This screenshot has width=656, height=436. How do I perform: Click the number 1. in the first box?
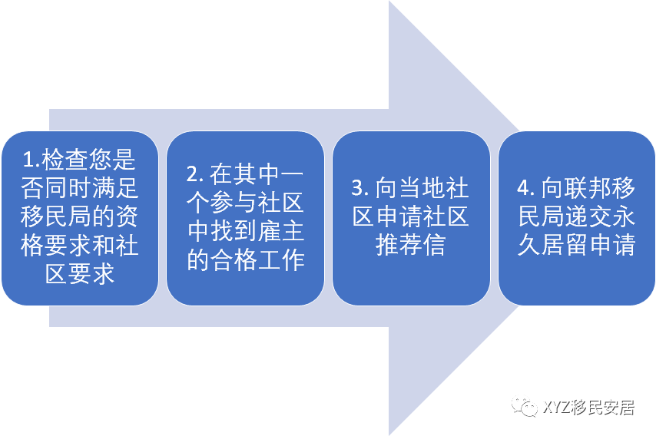click(x=31, y=160)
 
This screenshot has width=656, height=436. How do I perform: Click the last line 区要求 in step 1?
click(x=79, y=273)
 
